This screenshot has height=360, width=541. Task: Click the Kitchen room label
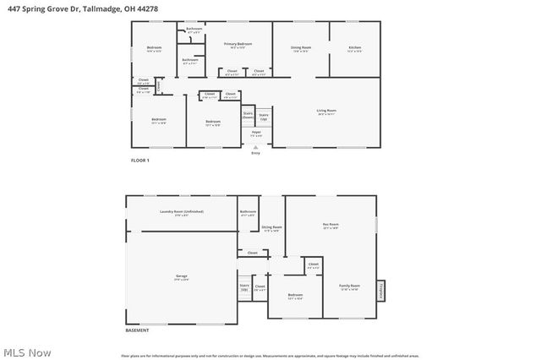tap(354, 48)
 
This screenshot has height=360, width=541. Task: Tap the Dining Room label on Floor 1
tap(301, 48)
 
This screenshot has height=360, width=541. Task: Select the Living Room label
tap(326, 111)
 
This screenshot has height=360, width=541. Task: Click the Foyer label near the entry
tap(256, 134)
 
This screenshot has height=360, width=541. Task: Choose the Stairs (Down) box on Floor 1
tap(249, 115)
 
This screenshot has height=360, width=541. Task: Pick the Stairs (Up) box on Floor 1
tap(263, 116)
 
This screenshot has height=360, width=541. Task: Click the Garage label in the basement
tap(181, 276)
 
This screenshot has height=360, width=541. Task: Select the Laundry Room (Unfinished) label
tap(182, 211)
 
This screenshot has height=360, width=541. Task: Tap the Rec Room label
tap(330, 226)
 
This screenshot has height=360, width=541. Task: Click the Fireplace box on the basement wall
tap(381, 290)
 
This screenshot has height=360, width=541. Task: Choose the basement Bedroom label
tap(295, 297)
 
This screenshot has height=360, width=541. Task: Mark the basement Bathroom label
tap(248, 213)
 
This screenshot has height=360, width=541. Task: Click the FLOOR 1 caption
tap(139, 160)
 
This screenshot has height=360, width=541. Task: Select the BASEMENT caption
tap(138, 330)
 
